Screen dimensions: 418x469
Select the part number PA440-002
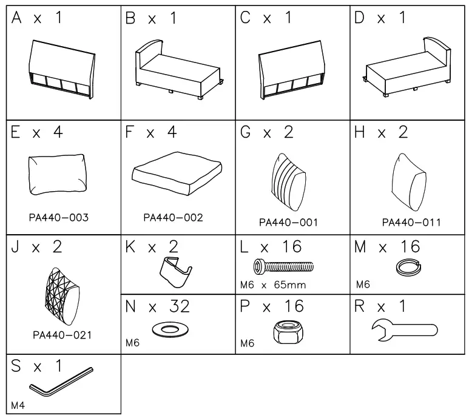(x=173, y=217)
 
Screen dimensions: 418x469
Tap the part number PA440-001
(x=288, y=223)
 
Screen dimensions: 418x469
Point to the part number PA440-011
(x=411, y=222)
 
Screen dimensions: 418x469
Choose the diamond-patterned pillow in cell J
(x=61, y=295)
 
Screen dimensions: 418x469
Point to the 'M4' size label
(x=18, y=404)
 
